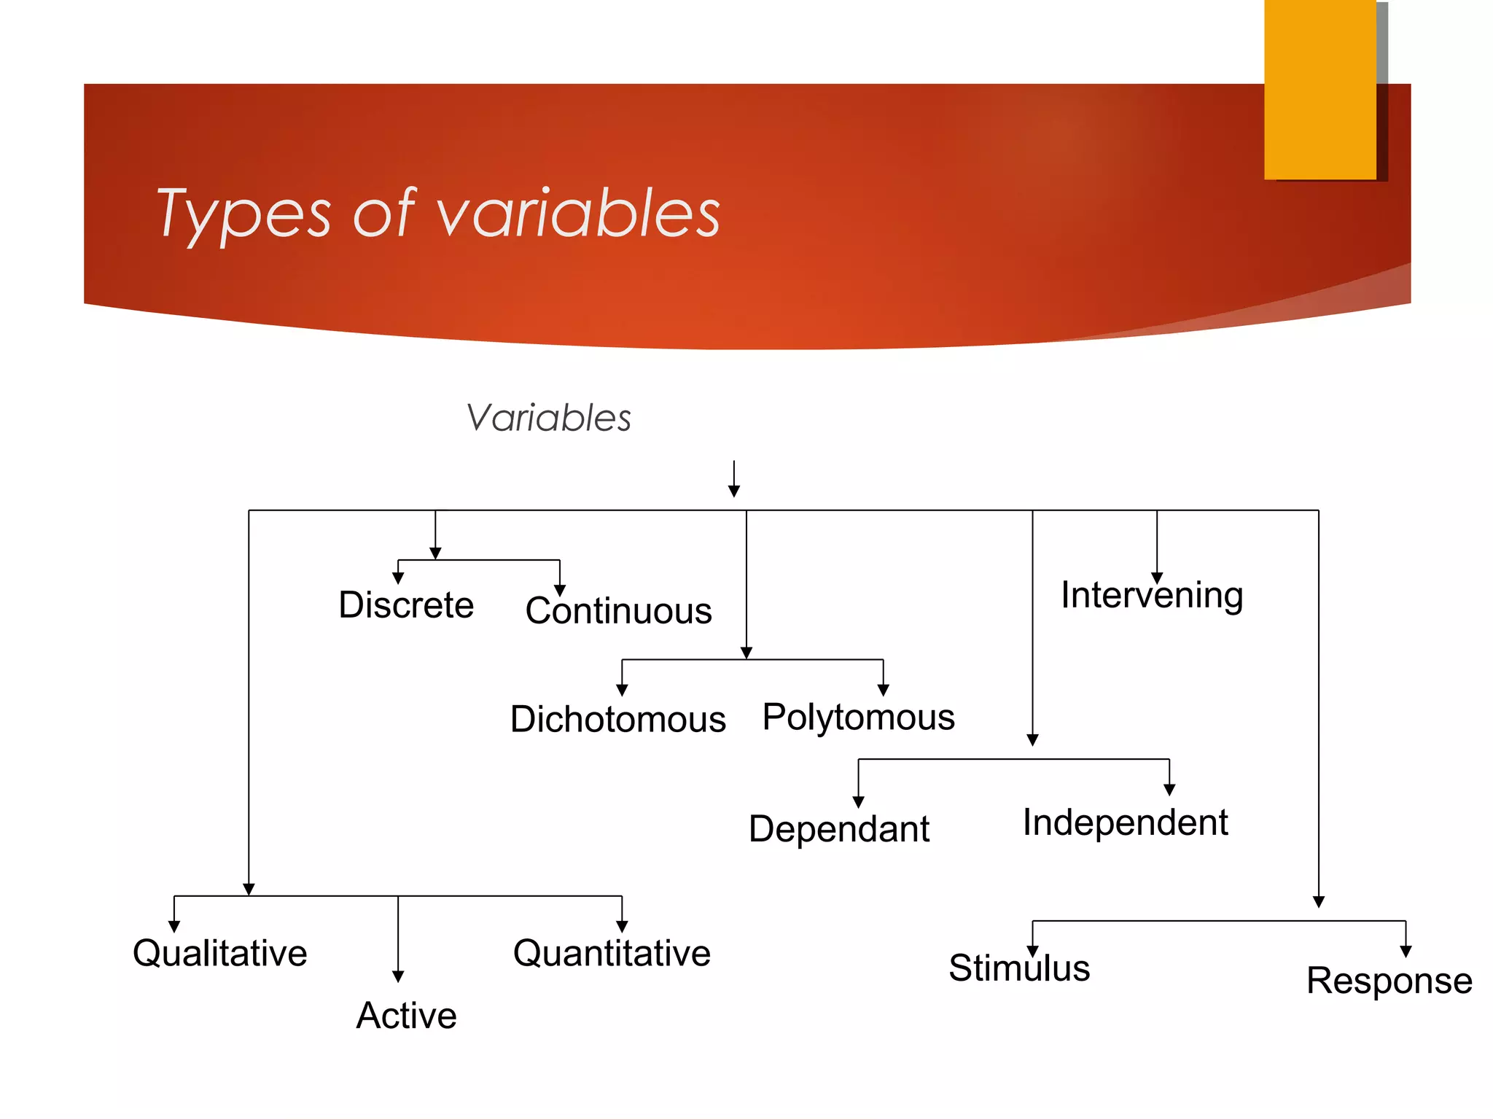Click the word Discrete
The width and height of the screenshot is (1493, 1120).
[x=406, y=605]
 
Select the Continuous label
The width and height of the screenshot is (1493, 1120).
[x=618, y=611]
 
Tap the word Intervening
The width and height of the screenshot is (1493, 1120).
[x=1152, y=595]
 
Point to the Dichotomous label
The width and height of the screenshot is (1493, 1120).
[x=617, y=720]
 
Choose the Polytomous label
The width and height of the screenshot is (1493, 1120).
[x=858, y=717]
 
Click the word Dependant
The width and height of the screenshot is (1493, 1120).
[x=838, y=829]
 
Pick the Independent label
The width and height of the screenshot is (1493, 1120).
[x=1125, y=822]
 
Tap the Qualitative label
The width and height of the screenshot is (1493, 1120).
[x=219, y=953]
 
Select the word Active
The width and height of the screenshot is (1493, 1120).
[x=406, y=1016]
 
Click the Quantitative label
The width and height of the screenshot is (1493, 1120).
[x=612, y=953]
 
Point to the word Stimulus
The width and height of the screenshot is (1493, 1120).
[x=1018, y=968]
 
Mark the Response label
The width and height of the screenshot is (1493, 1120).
[x=1389, y=981]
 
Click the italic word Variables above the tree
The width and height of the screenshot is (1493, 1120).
[x=548, y=419]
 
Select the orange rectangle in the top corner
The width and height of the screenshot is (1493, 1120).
[x=1319, y=89]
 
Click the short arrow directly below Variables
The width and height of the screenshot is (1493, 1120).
[x=734, y=479]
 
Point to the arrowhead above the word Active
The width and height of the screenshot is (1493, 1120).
[x=398, y=976]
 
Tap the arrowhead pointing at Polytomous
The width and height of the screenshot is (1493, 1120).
[x=883, y=690]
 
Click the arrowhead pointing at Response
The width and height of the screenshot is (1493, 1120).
[x=1406, y=952]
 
